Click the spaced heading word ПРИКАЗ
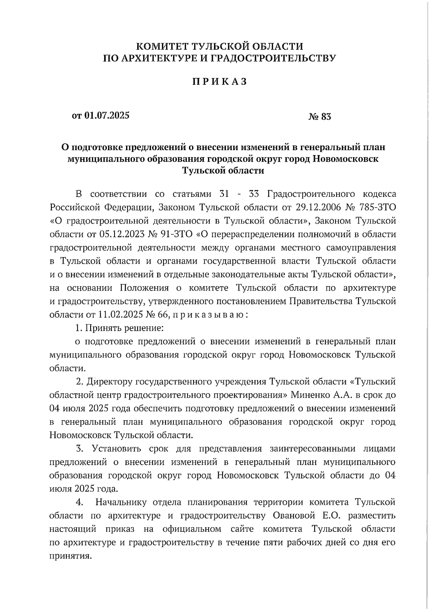(220, 82)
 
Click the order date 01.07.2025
(107, 115)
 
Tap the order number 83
(326, 117)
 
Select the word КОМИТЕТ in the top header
(163, 46)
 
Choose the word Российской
(74, 207)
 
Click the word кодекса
(380, 194)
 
